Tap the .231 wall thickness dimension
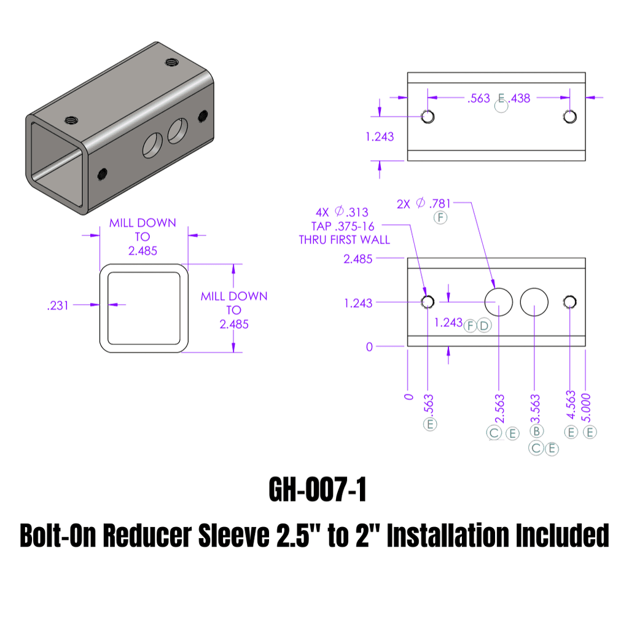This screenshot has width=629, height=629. (58, 305)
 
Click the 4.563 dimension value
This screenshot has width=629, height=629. (571, 405)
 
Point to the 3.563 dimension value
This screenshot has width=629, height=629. (535, 408)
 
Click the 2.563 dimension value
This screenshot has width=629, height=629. (499, 409)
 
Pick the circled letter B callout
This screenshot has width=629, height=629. (536, 432)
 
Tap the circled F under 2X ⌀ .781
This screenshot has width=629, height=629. (440, 218)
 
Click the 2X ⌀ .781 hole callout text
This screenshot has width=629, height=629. (423, 204)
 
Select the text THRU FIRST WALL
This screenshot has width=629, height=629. (345, 240)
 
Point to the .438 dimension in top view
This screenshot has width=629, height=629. (519, 98)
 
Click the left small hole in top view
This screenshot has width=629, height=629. (428, 117)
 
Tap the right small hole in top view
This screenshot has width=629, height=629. (570, 117)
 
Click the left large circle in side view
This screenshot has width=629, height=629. (499, 302)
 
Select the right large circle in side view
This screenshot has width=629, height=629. (534, 302)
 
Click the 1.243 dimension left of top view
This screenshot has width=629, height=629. (380, 136)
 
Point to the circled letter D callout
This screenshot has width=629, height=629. (484, 326)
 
